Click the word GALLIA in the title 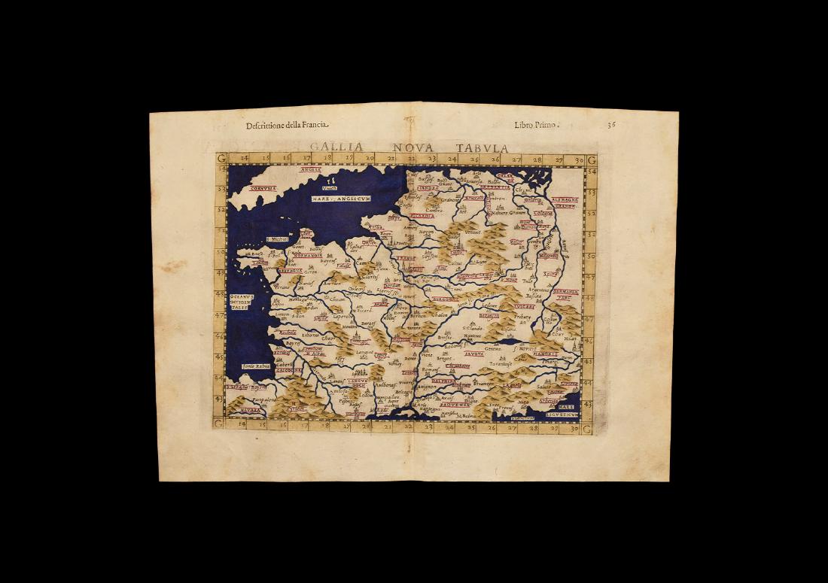pos(336,147)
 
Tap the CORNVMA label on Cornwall pos(263,188)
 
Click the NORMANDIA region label pos(307,255)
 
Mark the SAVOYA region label pos(452,352)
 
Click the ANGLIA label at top pos(310,170)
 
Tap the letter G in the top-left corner pos(221,159)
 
